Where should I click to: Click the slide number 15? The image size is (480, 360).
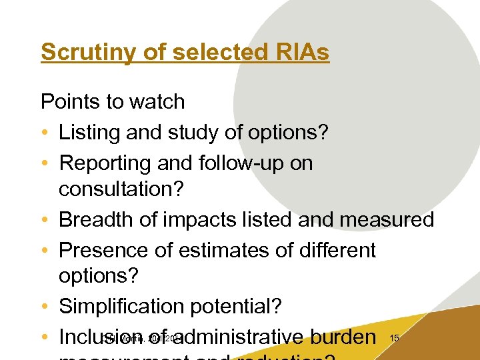pyautogui.click(x=394, y=339)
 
